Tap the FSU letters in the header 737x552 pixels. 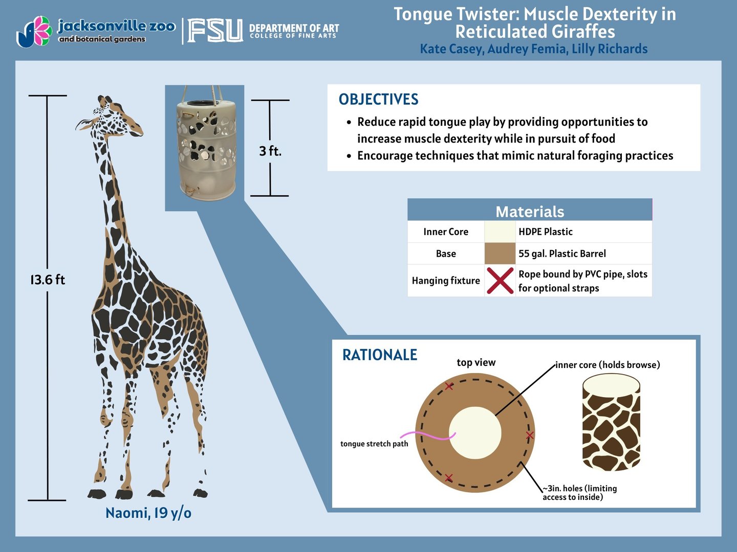pos(215,31)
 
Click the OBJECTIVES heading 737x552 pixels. pos(378,100)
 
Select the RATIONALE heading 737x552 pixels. pos(379,355)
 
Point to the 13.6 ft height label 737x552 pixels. pos(48,280)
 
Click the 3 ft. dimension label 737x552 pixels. pos(270,151)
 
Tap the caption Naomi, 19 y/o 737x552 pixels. pos(148,513)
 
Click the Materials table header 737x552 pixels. pos(530,211)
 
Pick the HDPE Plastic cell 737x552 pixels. pos(546,232)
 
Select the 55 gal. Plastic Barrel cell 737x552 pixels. pos(562,254)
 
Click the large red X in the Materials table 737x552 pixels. pos(500,281)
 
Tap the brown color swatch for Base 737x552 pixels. pos(500,254)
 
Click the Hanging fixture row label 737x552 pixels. pos(446,281)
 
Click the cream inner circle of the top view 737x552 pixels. pos(475,432)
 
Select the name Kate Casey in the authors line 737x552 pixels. pos(451,49)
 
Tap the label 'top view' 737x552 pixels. pos(476,363)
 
